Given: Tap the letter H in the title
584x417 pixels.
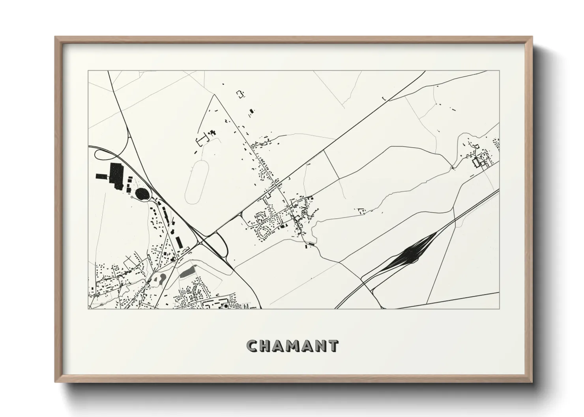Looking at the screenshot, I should click(x=266, y=346).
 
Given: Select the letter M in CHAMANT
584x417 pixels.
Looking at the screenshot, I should click(x=294, y=346).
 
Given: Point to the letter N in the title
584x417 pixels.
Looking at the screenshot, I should click(x=319, y=346).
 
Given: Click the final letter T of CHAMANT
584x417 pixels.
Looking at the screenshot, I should click(x=332, y=346).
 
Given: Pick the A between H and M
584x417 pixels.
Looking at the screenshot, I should click(x=280, y=346).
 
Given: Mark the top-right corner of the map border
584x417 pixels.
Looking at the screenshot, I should click(x=499, y=71).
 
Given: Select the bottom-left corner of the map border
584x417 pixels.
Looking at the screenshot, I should click(x=88, y=309).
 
